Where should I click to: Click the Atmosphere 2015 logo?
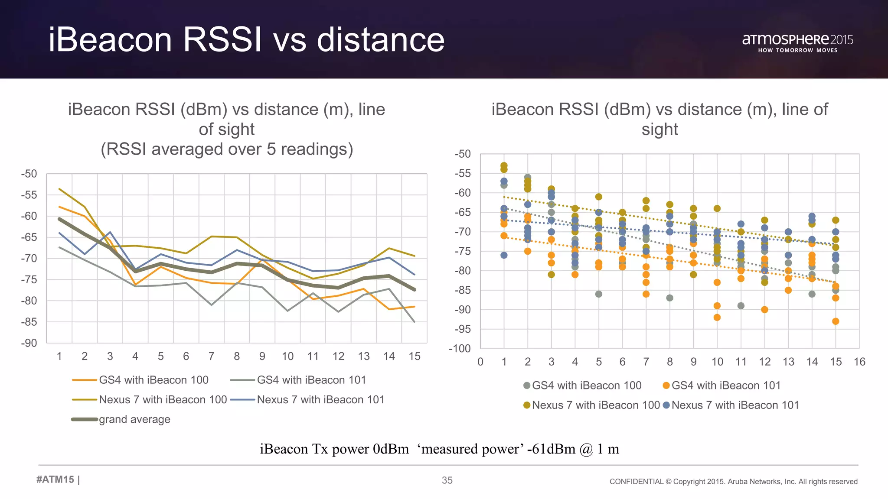(x=797, y=42)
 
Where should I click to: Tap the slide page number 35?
(x=447, y=480)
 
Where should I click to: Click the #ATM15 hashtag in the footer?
(x=55, y=480)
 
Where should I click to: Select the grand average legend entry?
(x=134, y=419)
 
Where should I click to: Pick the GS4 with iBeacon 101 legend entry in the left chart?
(x=311, y=380)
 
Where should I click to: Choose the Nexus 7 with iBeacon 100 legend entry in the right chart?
(x=595, y=405)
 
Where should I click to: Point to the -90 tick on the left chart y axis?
(x=29, y=343)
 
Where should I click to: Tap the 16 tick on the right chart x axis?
(x=859, y=362)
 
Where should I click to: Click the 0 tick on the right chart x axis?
(x=480, y=362)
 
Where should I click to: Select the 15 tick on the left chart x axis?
(x=415, y=356)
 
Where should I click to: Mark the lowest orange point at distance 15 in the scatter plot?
(x=836, y=321)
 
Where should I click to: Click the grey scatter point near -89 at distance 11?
(x=741, y=306)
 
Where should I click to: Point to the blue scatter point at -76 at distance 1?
(x=504, y=255)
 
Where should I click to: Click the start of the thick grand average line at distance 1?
(x=59, y=219)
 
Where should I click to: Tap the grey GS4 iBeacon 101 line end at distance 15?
(x=415, y=321)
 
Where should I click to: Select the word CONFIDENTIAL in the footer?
(x=636, y=482)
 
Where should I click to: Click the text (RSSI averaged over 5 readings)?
(x=227, y=149)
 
